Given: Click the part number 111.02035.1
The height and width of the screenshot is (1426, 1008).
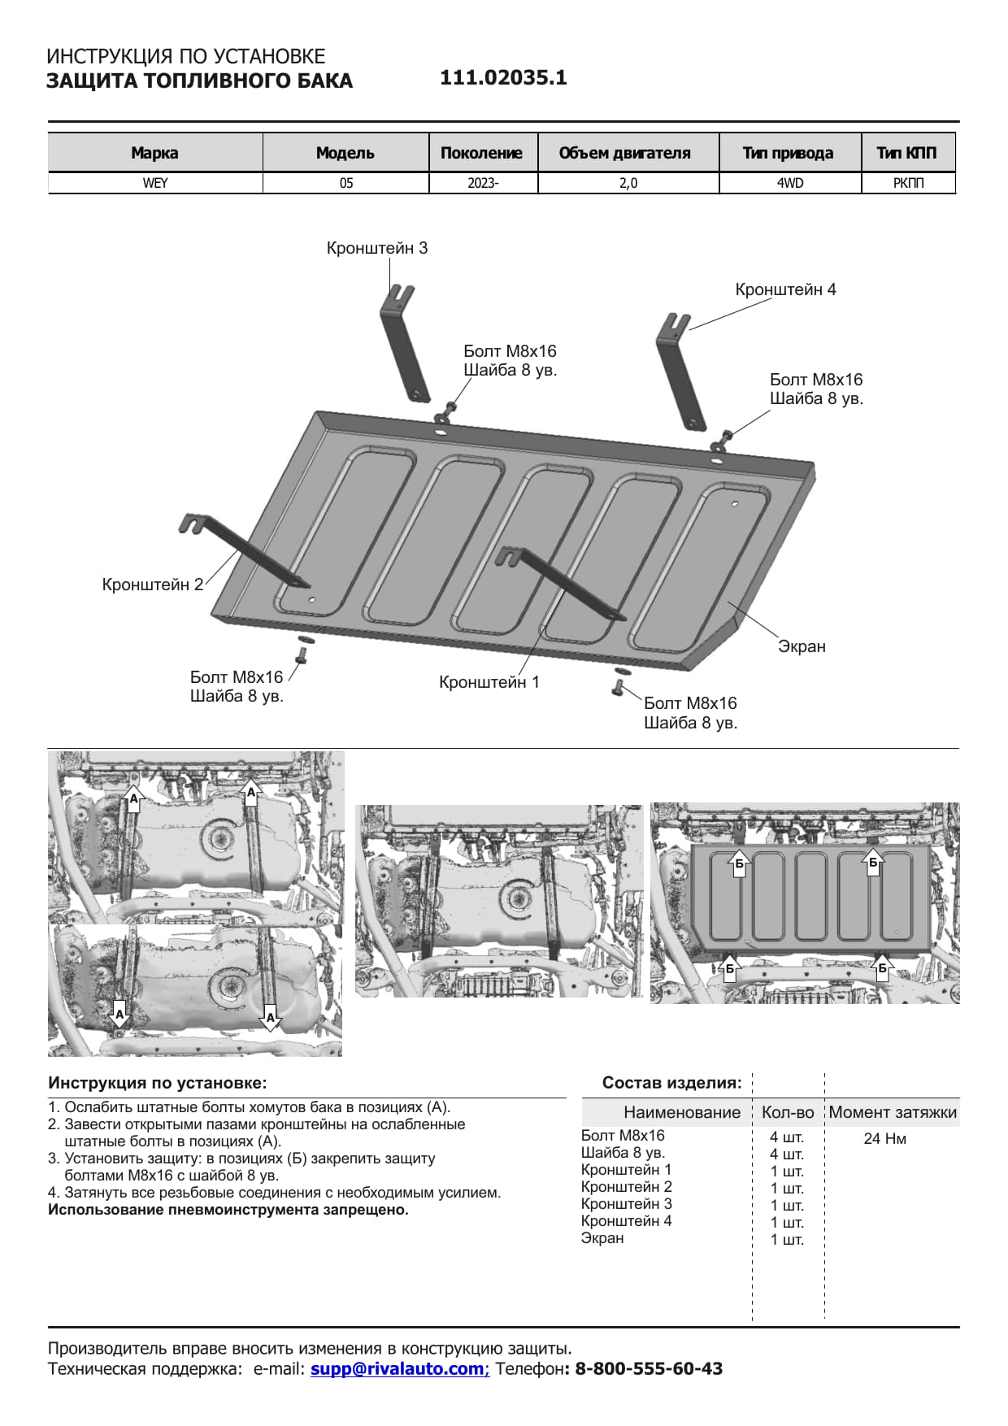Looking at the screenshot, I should [x=503, y=78].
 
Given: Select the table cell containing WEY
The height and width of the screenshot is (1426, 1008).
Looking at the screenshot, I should [x=155, y=183].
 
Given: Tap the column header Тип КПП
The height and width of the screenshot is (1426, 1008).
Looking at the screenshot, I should [x=907, y=153].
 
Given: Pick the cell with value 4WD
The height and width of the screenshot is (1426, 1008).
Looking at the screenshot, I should [x=789, y=183].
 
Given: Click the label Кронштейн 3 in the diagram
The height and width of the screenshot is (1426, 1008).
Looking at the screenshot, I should [x=376, y=248].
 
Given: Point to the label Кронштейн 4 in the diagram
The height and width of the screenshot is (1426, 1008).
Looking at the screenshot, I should [x=785, y=289].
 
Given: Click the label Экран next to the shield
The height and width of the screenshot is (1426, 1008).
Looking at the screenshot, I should [x=802, y=646].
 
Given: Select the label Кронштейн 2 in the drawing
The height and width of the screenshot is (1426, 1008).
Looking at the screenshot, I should [x=152, y=585].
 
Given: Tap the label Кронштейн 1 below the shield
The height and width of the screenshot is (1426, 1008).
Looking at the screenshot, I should [x=489, y=682].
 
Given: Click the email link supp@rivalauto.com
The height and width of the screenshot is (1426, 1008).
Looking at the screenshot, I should [x=398, y=1368].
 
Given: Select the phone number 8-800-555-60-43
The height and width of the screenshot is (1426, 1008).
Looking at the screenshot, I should [x=649, y=1368].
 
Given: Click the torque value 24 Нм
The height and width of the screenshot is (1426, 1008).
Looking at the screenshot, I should [x=884, y=1138].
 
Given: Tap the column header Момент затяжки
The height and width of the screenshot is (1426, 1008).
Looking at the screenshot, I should [x=893, y=1112].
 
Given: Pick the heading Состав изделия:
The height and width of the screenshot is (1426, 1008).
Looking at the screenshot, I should [x=671, y=1083].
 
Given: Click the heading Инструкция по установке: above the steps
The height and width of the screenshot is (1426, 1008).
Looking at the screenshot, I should [x=157, y=1083].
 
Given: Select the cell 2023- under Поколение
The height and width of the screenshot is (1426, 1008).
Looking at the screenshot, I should [x=483, y=183].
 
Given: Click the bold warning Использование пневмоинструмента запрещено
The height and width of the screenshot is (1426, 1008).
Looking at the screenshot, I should [x=228, y=1210].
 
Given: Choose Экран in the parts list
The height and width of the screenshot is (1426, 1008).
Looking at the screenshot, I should [x=602, y=1238].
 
